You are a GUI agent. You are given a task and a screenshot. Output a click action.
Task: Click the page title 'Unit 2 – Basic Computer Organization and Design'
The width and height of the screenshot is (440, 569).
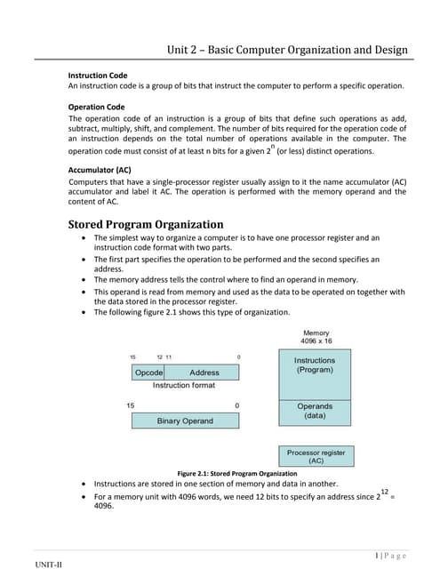pyautogui.click(x=287, y=50)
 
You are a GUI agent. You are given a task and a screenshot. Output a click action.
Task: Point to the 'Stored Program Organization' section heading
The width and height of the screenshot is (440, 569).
pyautogui.click(x=146, y=224)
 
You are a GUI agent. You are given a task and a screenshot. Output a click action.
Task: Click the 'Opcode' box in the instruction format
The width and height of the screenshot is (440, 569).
pyautogui.click(x=148, y=373)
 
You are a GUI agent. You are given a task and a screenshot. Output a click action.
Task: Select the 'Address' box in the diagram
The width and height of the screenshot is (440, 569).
pyautogui.click(x=204, y=373)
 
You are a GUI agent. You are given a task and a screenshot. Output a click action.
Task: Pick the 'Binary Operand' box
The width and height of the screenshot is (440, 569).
pyautogui.click(x=185, y=421)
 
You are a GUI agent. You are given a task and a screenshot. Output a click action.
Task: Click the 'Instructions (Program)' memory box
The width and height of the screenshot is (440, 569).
pyautogui.click(x=315, y=365)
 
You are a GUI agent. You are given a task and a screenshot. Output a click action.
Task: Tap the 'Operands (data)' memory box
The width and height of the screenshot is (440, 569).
pyautogui.click(x=315, y=411)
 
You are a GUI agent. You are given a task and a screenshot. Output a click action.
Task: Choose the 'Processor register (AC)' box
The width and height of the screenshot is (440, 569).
pyautogui.click(x=316, y=457)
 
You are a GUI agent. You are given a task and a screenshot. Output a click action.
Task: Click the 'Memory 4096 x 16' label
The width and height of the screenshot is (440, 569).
pyautogui.click(x=316, y=338)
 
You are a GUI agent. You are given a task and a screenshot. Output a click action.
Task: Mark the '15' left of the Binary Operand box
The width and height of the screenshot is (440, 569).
pyautogui.click(x=131, y=405)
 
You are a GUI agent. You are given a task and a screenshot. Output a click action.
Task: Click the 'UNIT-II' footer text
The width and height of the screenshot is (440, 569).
pyautogui.click(x=49, y=564)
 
